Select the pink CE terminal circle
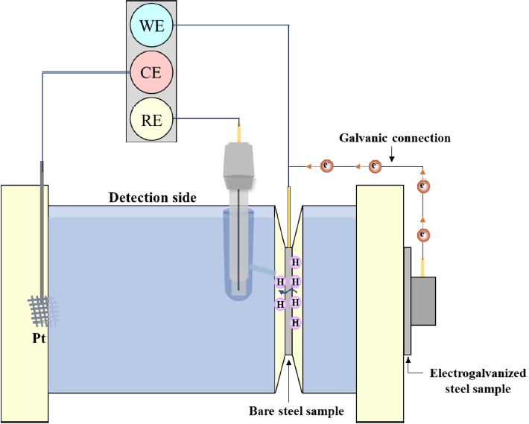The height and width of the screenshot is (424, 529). click(x=151, y=73)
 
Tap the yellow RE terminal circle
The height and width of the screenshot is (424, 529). click(x=151, y=118)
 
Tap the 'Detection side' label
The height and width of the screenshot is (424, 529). click(x=152, y=197)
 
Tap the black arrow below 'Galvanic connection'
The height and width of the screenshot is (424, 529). click(x=391, y=152)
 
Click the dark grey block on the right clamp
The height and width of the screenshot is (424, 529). click(x=422, y=300)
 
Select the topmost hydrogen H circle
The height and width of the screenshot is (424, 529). click(x=295, y=262)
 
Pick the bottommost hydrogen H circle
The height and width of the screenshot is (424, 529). click(x=295, y=323)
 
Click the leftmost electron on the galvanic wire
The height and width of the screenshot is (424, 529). click(x=326, y=165)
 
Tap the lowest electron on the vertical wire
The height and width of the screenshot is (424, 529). click(x=422, y=235)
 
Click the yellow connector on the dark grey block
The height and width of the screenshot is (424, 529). click(x=422, y=268)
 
